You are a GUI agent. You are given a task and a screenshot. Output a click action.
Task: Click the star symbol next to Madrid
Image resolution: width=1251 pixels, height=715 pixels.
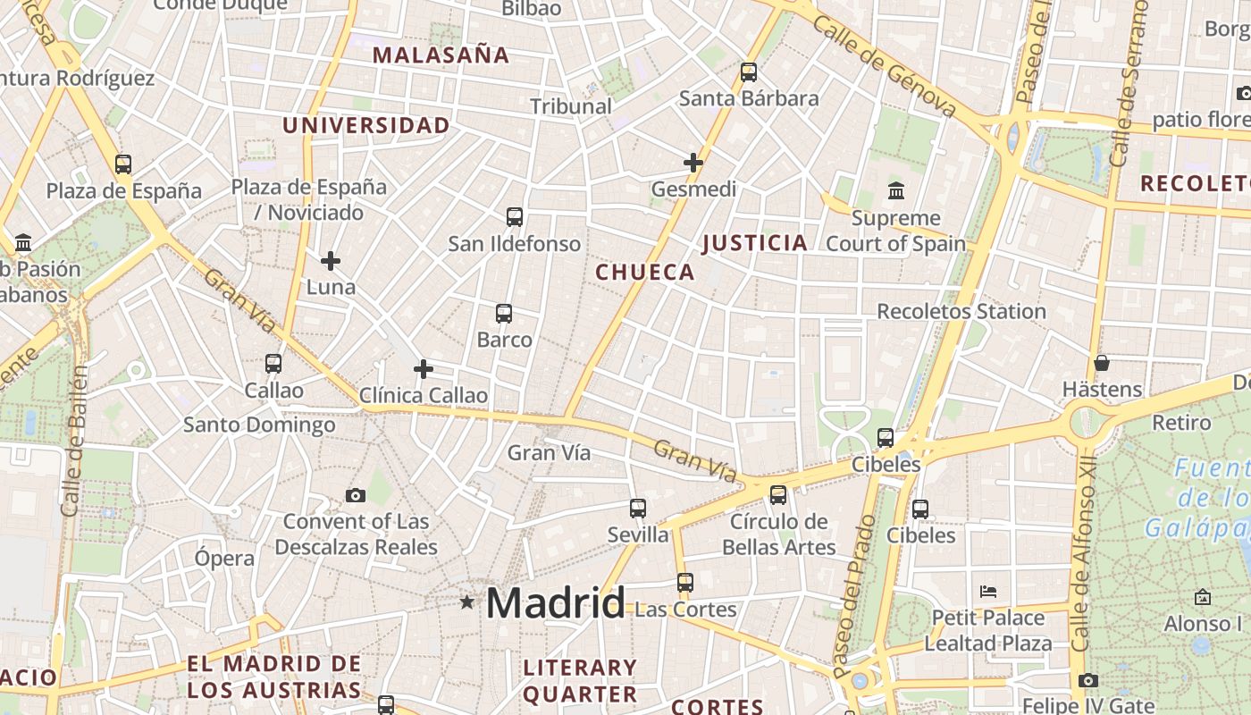pos(466,602)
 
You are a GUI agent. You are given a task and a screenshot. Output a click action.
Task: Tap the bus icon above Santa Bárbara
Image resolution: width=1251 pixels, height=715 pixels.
pos(749,72)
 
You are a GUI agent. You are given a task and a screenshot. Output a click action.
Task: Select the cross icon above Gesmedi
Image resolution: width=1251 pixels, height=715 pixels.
pos(693,163)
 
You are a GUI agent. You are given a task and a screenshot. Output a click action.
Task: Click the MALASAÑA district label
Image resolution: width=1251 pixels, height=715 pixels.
pos(441,55)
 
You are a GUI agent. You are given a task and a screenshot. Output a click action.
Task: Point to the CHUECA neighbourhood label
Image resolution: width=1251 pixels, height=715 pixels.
pos(645,273)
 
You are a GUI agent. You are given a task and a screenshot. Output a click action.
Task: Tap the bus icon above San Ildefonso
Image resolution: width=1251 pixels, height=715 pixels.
pos(515,217)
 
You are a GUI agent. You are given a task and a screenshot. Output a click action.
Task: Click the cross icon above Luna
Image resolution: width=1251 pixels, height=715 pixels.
pos(331,261)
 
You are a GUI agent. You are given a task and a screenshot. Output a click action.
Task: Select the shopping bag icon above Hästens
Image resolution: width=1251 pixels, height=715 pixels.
pos(1102,364)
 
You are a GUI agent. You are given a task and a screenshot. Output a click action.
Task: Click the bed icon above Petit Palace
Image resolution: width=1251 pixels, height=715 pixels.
pos(988,592)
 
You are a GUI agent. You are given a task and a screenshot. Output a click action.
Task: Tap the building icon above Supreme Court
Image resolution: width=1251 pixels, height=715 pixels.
pos(896,191)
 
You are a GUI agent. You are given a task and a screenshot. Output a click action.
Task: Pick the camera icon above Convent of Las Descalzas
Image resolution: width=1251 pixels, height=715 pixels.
pos(356,495)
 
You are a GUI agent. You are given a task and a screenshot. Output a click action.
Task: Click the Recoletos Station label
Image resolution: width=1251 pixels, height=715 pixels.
pos(961,312)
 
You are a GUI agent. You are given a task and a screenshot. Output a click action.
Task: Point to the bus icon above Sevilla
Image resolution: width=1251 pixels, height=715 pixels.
pos(638,509)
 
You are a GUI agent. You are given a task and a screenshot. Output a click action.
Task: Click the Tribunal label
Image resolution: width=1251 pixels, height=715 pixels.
pos(571,106)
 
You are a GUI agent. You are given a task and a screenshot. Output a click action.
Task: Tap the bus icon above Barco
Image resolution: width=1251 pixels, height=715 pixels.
pos(504,314)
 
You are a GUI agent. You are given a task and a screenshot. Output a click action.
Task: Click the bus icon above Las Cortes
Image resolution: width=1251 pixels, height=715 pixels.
pos(685,583)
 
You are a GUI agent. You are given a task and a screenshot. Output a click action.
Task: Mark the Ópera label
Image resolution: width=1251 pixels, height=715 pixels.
pos(224,559)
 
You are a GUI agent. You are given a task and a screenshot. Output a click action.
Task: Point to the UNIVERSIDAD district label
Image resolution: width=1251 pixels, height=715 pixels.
pos(366,126)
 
